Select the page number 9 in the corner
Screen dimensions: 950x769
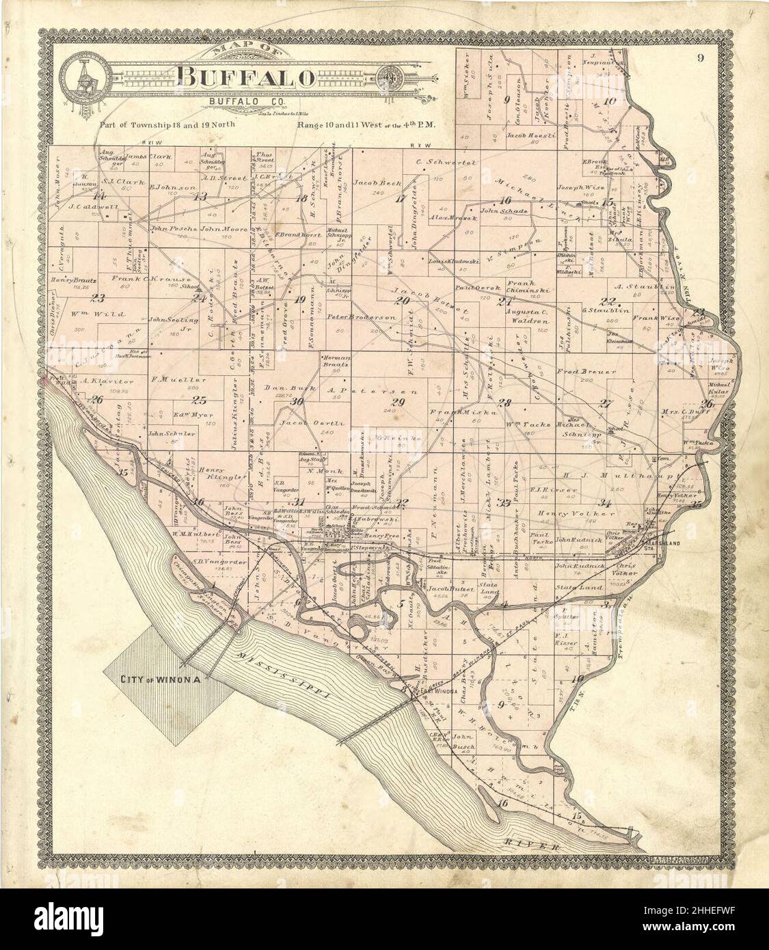pos(701,57)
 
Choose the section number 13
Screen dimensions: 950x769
pos(200,197)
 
